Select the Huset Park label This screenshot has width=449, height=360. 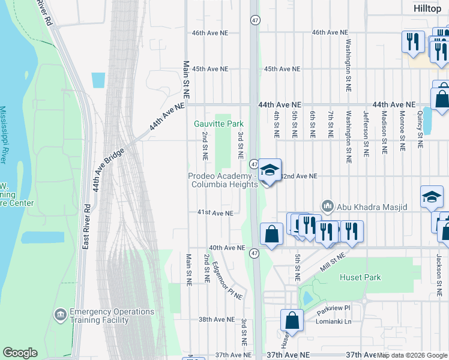point(361,278)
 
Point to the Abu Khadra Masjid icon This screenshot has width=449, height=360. point(327,206)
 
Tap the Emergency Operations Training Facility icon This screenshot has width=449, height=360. point(60,314)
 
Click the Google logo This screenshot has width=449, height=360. point(20,353)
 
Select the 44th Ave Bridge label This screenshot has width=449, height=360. point(109,169)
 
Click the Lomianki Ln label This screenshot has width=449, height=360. point(334,321)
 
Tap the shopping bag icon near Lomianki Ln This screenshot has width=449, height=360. point(292,321)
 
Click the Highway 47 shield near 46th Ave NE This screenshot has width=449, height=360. point(255,20)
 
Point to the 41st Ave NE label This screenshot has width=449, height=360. point(214,212)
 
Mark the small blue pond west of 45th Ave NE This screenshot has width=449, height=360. point(98,80)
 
